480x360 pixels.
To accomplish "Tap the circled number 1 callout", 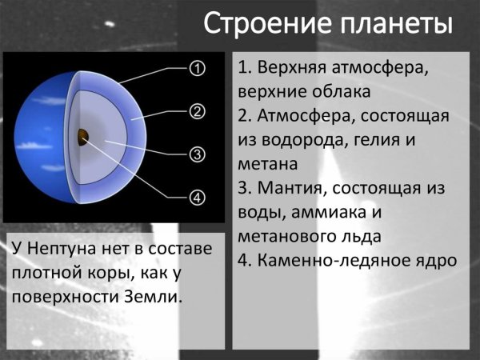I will tap(197, 69).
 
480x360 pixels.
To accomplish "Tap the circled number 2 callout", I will tap(197, 111).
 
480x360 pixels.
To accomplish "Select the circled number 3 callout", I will tap(197, 154).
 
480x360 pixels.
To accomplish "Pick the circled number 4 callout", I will tap(197, 196).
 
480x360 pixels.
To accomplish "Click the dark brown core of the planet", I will tap(82, 137).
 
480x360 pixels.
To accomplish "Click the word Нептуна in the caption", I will tap(67, 248).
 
